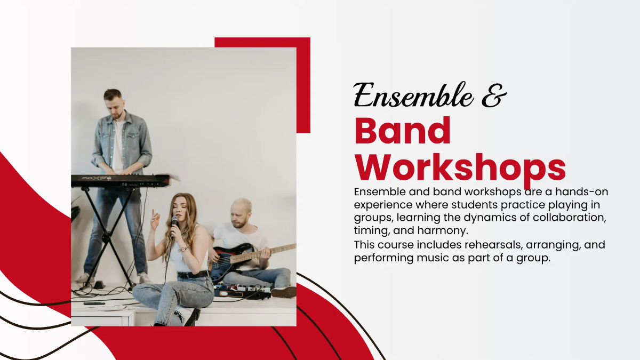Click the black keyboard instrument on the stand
120,181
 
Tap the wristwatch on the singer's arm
182,249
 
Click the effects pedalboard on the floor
243,291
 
